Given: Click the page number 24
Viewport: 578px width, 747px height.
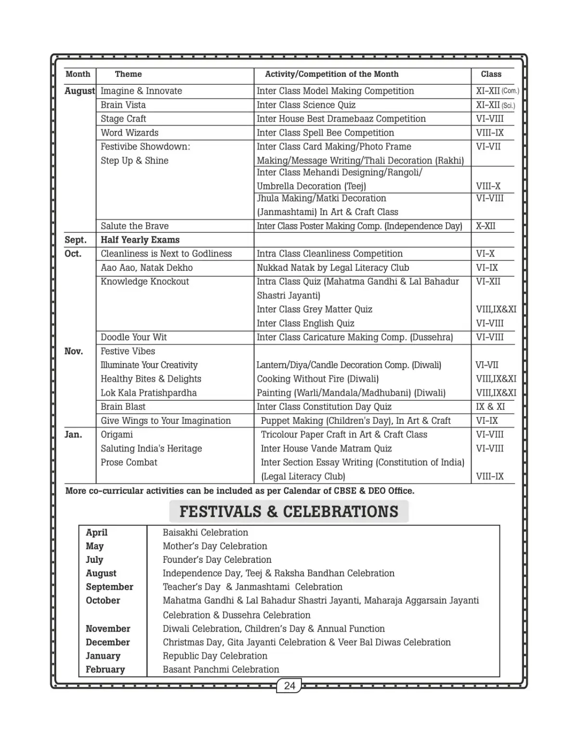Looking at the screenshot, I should click(289, 685).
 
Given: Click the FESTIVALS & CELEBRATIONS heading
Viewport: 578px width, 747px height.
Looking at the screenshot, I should click(289, 511).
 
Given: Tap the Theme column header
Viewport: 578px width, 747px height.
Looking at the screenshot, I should click(128, 74).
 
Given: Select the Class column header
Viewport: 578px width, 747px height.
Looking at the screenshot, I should click(491, 74).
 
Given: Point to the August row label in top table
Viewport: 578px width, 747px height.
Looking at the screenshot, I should click(79, 91).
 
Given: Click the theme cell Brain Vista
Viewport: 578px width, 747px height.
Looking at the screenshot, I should click(123, 105).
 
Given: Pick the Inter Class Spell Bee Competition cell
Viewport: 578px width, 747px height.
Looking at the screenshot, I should click(325, 133).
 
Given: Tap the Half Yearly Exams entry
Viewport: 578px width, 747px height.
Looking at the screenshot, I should click(140, 240).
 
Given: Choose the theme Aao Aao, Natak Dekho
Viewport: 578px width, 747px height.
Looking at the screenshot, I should click(146, 267).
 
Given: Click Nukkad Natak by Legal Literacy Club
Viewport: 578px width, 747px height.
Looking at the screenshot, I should click(333, 267).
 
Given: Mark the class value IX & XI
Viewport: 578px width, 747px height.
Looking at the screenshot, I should click(490, 406).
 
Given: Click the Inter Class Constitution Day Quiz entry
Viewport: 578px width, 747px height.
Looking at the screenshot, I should click(324, 406).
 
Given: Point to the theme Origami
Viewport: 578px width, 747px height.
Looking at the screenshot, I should click(117, 434).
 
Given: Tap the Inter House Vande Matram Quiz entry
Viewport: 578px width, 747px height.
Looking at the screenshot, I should click(326, 448).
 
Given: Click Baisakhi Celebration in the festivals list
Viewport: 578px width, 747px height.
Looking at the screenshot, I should click(205, 532).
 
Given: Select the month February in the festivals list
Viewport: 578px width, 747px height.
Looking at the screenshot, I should click(105, 669).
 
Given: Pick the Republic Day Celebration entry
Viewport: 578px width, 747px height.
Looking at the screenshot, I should click(215, 656).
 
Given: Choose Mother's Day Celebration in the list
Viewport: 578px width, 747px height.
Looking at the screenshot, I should click(215, 546).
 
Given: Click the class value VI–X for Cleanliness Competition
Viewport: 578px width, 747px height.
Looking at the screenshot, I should click(485, 253).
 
